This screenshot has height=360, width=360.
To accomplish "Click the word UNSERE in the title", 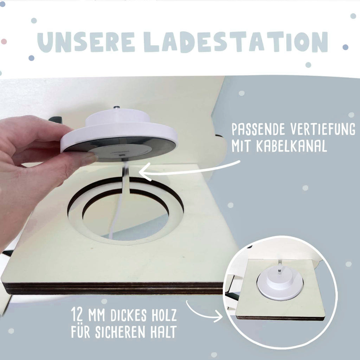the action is pyautogui.click(x=86, y=42).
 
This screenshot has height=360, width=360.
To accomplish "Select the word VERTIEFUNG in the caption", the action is pyautogui.click(x=323, y=129).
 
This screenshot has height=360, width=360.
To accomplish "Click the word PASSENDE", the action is pyautogui.click(x=258, y=129).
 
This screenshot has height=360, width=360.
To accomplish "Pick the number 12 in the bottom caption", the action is pyautogui.click(x=77, y=315).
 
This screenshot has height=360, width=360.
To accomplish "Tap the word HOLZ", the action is pyautogui.click(x=165, y=315).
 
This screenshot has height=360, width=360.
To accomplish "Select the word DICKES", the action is pyautogui.click(x=129, y=315).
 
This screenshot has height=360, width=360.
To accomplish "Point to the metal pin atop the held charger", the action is pyautogui.click(x=117, y=108).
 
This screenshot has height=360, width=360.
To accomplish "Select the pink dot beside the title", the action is pyautogui.click(x=4, y=41).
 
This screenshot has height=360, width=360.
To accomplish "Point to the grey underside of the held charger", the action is pyautogui.click(x=120, y=148).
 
